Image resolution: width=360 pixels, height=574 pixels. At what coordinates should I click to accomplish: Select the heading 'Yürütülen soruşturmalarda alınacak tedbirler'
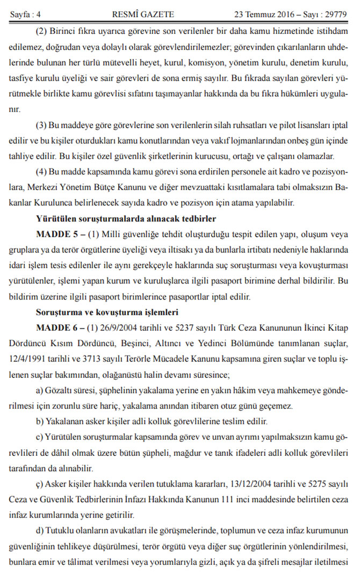126,219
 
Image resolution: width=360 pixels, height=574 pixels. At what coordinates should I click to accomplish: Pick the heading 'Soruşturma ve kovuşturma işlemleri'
107,311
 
